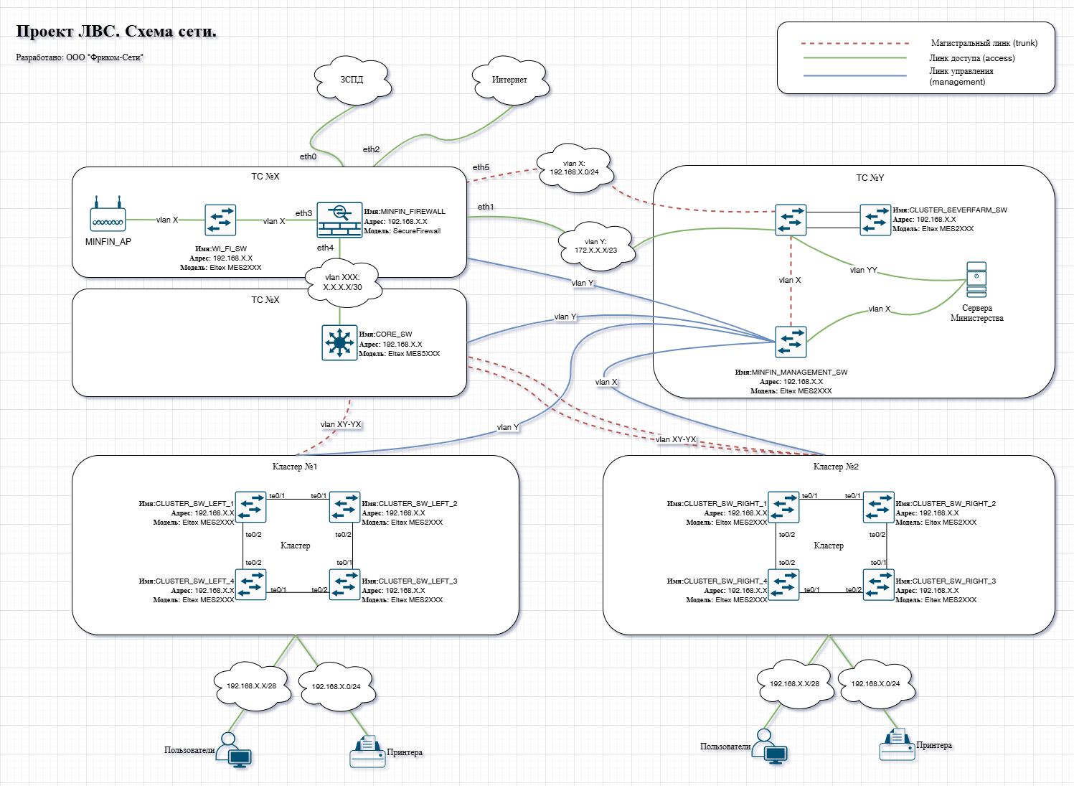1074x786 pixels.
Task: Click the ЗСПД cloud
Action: tap(352, 80)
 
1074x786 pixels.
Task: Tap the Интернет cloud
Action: tap(509, 80)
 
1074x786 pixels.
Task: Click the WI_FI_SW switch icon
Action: tap(220, 220)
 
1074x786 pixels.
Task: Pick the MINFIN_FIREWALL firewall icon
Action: tap(339, 220)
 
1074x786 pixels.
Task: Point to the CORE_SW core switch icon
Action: tap(339, 343)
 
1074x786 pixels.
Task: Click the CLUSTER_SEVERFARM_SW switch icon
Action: tap(875, 220)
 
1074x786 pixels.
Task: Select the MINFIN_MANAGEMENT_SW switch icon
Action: tap(791, 342)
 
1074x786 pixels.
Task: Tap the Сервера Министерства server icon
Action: tap(976, 280)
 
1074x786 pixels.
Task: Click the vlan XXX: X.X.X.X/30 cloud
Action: tap(343, 282)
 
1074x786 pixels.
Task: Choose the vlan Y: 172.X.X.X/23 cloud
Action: tap(595, 246)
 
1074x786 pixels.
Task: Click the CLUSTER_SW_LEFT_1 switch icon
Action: tap(250, 507)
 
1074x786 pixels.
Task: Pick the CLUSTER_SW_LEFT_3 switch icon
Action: tap(345, 585)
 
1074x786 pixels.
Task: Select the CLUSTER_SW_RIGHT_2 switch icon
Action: tap(878, 507)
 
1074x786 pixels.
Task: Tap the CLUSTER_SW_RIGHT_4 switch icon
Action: tap(783, 585)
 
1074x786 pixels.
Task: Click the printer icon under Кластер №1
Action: tap(367, 752)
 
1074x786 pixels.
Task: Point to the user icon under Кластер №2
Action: tap(771, 747)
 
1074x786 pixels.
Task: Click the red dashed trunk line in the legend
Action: tap(854, 44)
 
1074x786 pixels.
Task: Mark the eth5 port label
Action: tap(481, 168)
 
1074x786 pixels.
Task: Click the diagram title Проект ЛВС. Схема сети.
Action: tap(116, 32)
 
